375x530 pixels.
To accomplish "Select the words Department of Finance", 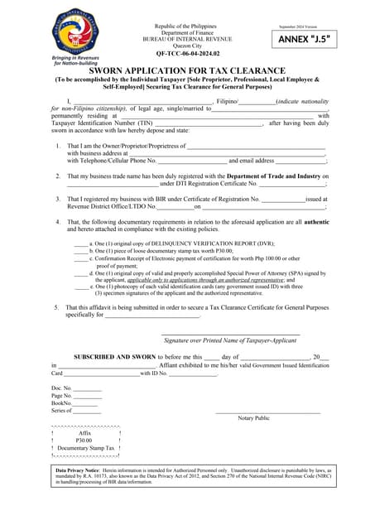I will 186,31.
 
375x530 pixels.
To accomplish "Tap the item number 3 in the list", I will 57,199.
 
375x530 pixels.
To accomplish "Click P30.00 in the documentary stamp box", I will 84,440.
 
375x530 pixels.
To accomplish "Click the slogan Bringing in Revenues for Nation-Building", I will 76,61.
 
